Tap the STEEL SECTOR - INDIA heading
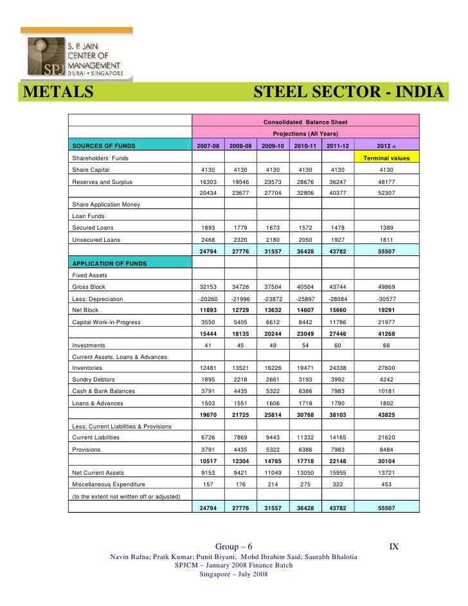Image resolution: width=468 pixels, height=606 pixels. tap(348, 94)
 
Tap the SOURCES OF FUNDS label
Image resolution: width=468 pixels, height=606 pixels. tap(100, 146)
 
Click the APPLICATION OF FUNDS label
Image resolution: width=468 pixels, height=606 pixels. tap(110, 264)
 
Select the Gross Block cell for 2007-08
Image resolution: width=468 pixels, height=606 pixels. tap(208, 287)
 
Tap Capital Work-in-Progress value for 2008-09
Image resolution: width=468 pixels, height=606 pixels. tap(240, 322)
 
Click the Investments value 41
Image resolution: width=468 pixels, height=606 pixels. tap(208, 345)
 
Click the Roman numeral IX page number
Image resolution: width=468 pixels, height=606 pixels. tap(395, 547)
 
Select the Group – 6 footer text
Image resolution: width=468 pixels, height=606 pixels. tap(234, 547)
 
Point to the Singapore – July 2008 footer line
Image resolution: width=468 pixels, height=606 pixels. tap(234, 574)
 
